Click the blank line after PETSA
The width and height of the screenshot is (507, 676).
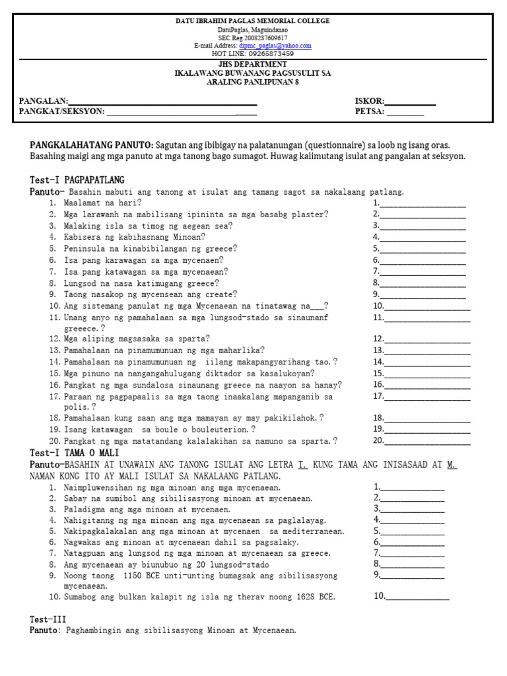coord(405,113)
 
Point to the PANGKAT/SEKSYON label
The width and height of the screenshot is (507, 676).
coord(62,112)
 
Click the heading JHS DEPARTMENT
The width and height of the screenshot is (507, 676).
coord(252,64)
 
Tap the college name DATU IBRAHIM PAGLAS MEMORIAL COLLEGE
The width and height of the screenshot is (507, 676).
coord(252,21)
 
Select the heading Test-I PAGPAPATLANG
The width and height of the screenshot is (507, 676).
coord(77,180)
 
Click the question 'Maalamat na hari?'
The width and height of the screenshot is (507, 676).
coord(102,203)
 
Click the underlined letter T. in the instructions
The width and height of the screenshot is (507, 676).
coord(302,465)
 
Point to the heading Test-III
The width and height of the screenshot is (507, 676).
coord(48,619)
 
